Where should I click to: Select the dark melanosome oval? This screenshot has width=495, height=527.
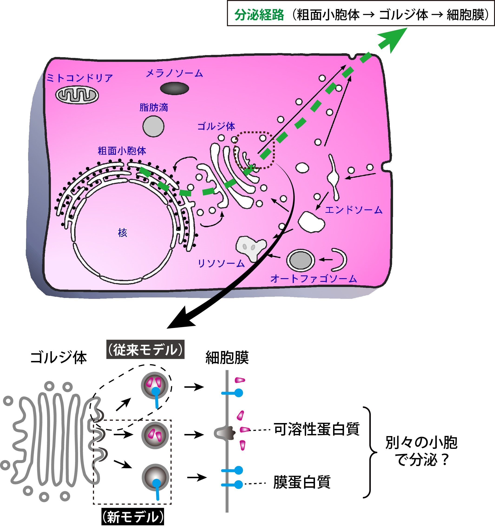coord(174,89)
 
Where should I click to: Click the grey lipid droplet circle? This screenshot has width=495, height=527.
coord(153,127)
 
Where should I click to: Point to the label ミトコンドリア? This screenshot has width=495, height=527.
coord(80,78)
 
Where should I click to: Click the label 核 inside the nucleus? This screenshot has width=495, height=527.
coord(122,233)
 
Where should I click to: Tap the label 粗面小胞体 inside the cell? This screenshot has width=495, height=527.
coord(122,151)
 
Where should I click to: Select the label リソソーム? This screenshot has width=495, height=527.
coord(221,263)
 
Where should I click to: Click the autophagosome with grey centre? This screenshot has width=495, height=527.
coord(300,260)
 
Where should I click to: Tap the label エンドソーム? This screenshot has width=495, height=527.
coord(354,210)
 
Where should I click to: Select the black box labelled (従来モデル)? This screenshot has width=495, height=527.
coord(145,350)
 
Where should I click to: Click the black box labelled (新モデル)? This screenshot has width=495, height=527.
coord(133,517)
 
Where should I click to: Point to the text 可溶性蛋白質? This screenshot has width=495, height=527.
coord(316,429)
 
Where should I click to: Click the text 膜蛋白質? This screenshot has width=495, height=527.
coord(302,482)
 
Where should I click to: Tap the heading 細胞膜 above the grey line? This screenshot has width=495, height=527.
coord(227,358)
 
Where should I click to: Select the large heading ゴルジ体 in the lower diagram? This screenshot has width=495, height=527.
coord(59,357)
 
